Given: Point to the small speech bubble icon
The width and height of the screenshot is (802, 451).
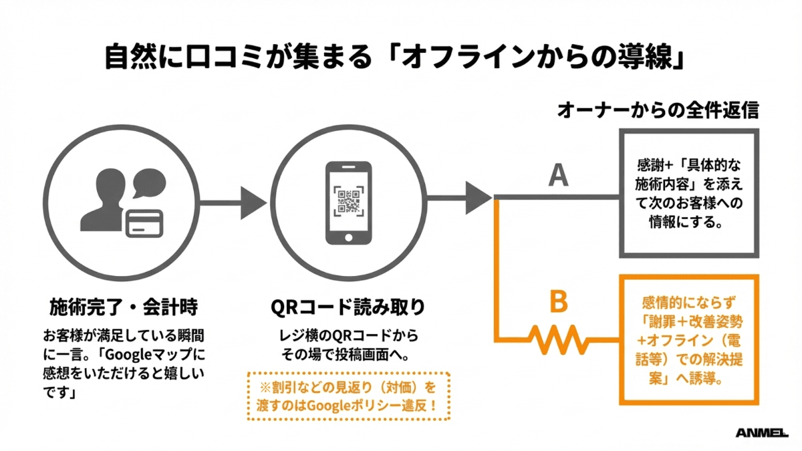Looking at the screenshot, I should (x=147, y=183).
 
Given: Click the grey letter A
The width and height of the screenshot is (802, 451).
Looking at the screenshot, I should (x=558, y=175).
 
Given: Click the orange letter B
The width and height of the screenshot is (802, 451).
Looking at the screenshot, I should (x=558, y=302).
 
